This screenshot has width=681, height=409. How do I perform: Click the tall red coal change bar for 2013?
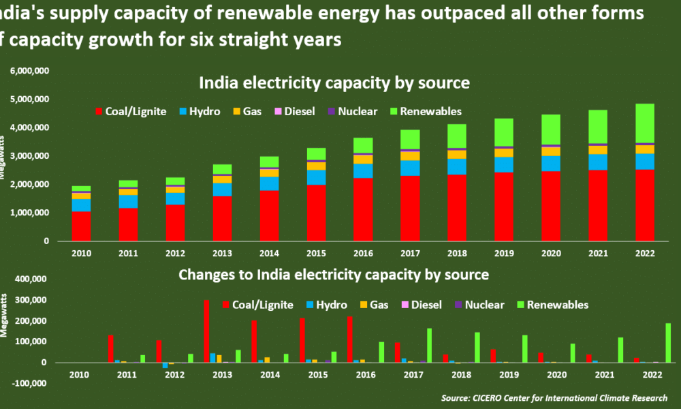pyautogui.click(x=206, y=331)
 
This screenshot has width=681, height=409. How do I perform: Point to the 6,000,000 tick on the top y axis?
pyautogui.click(x=29, y=71)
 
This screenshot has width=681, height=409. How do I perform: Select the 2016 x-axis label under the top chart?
pyautogui.click(x=363, y=254)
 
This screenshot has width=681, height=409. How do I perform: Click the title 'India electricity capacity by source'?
pyautogui.click(x=334, y=83)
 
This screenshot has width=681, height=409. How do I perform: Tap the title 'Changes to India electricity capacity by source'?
pyautogui.click(x=334, y=275)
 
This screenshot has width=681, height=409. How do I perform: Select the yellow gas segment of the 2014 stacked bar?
pyautogui.click(x=268, y=172)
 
